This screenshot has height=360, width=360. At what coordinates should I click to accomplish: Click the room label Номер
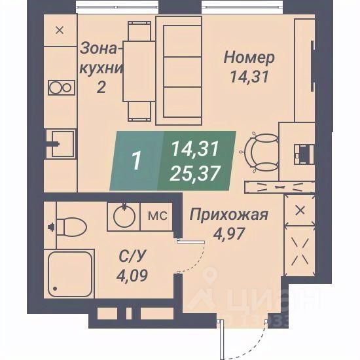[x=249, y=58]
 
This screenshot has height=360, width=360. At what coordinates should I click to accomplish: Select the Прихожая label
[x=228, y=214]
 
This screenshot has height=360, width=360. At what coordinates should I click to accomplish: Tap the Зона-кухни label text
[x=101, y=58]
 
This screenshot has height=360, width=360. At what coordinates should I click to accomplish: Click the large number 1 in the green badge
[x=136, y=161]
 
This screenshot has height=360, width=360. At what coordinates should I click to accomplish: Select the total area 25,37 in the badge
[x=196, y=173]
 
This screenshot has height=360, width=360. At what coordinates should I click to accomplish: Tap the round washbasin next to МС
[x=122, y=216]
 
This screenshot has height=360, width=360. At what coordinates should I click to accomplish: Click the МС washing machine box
[x=156, y=216]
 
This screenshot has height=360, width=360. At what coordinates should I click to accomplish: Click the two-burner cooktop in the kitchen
[x=60, y=88]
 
